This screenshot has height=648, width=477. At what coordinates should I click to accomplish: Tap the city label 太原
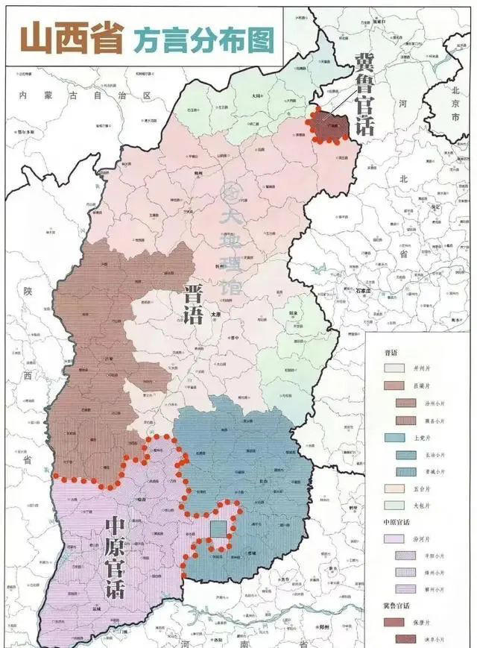(216, 315)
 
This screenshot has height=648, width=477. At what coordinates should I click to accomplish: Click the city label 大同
(256, 96)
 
